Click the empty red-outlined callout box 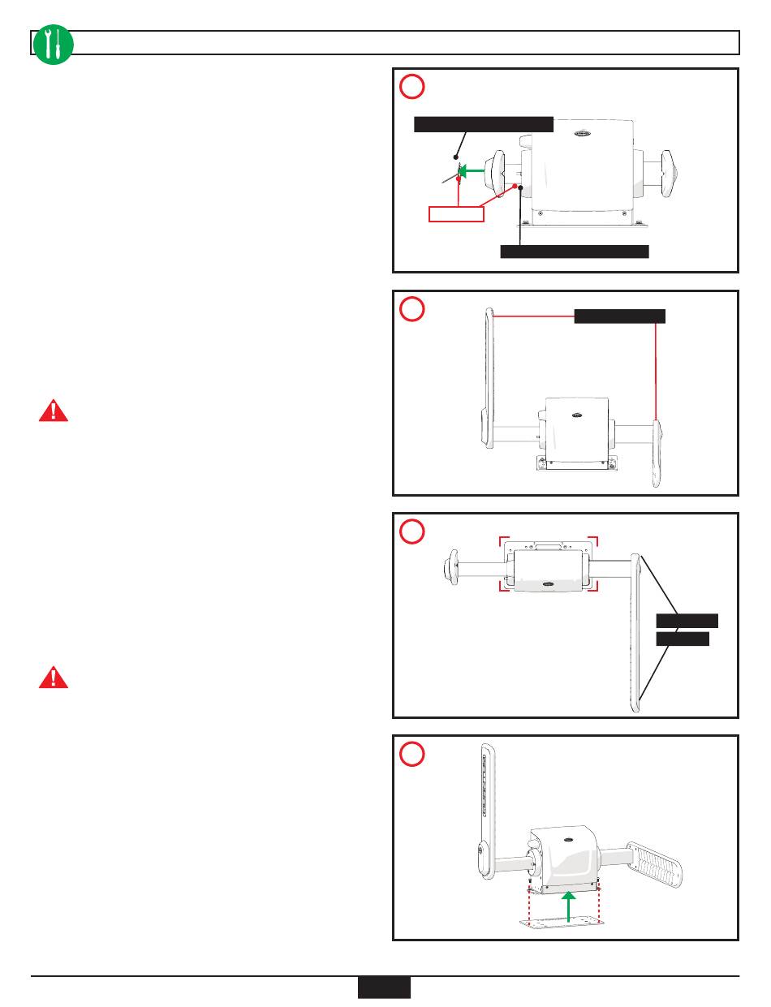(x=455, y=213)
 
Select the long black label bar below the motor (x=574, y=251)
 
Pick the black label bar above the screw (x=484, y=124)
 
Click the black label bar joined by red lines (x=619, y=316)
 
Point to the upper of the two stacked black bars (x=687, y=621)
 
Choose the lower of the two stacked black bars (x=683, y=639)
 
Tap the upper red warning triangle (x=54, y=411)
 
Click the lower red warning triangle (x=54, y=678)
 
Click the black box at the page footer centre (x=384, y=987)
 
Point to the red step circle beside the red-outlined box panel (x=411, y=86)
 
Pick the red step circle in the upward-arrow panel (x=411, y=753)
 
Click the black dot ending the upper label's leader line (x=457, y=157)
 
